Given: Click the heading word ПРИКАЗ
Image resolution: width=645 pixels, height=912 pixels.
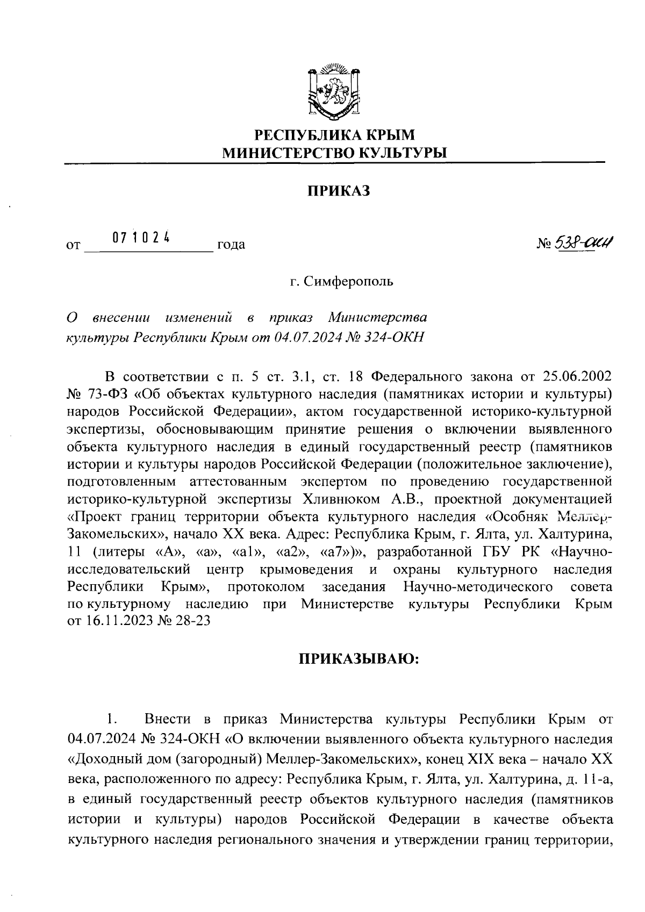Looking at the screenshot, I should pos(339,191).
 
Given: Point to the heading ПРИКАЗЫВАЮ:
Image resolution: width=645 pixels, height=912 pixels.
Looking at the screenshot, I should pos(359,659).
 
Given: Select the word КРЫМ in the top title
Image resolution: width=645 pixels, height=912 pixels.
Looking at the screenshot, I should pos(391,134).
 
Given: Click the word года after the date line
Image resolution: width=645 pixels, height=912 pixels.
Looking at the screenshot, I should pos(231,245).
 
